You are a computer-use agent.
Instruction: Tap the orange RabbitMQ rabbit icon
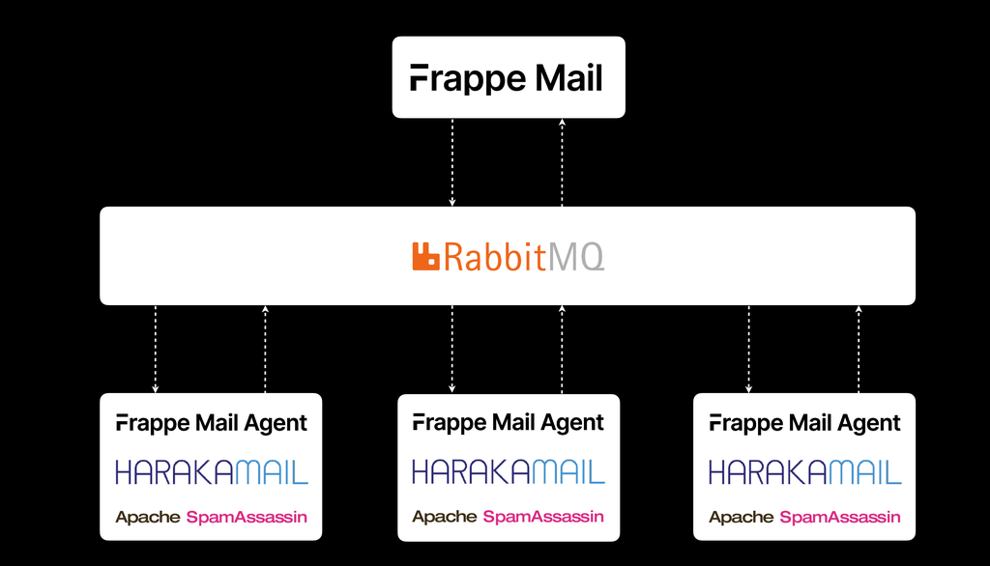pos(426,256)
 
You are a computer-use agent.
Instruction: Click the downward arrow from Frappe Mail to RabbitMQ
pos(452,162)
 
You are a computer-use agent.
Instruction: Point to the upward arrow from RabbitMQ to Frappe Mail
pos(563,162)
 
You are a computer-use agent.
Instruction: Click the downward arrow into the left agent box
pos(156,349)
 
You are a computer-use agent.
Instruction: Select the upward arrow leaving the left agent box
pos(266,349)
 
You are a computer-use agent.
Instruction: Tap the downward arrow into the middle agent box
pos(452,349)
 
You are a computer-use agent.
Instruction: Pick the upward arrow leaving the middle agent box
pos(563,349)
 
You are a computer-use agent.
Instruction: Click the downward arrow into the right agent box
pos(749,349)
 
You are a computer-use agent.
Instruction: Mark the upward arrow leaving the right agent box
pos(859,349)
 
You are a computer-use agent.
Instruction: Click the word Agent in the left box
pos(276,424)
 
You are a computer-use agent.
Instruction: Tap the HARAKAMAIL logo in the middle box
pos(509,471)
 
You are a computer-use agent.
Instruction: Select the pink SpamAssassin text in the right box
pos(840,518)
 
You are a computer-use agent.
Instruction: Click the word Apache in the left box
pos(148,518)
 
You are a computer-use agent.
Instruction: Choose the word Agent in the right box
pos(869,424)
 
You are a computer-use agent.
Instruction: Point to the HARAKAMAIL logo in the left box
pos(212,471)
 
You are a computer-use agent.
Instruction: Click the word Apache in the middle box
pos(445,518)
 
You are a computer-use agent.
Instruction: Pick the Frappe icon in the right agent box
pos(715,423)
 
